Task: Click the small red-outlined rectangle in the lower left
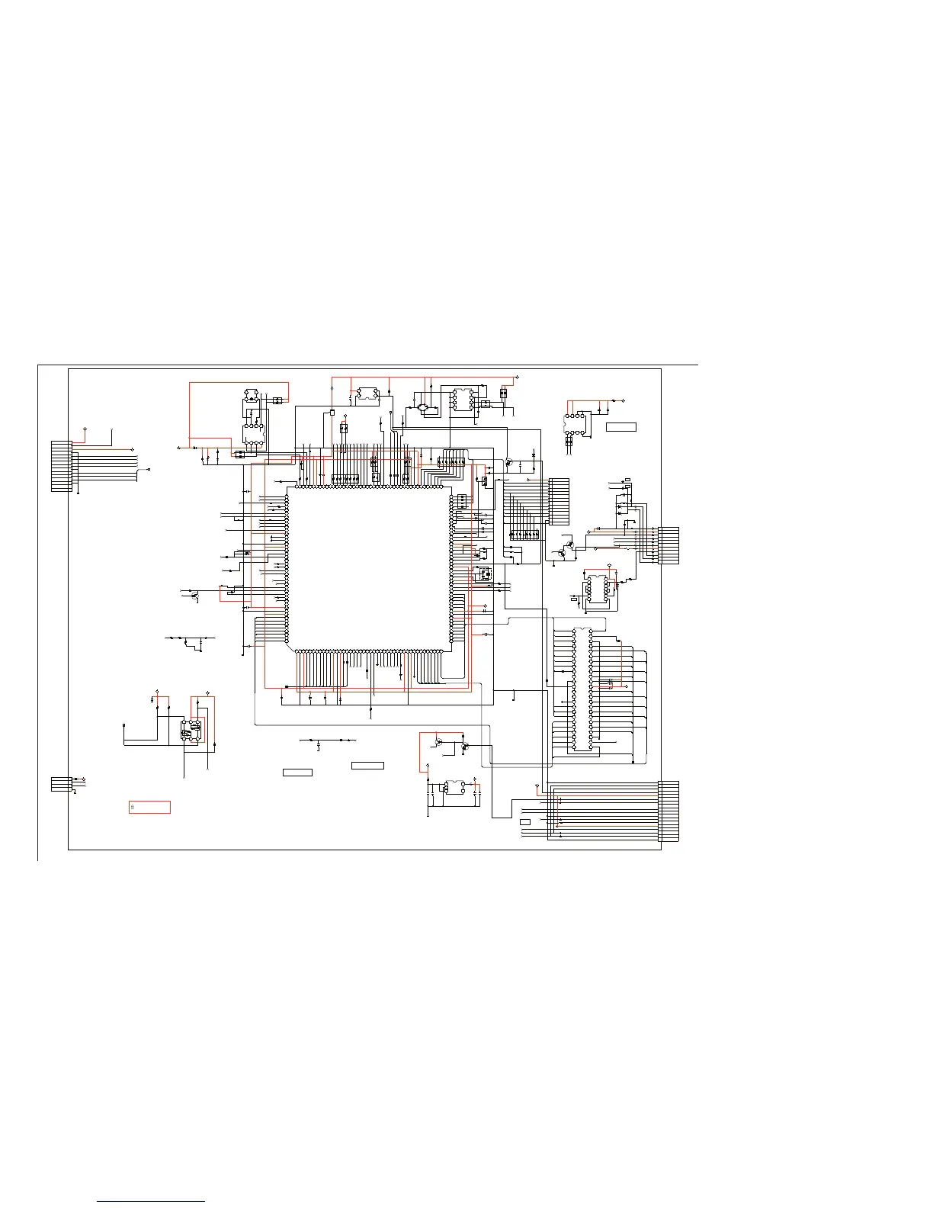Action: [149, 807]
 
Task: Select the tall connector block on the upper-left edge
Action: [61, 465]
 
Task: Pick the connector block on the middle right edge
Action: [668, 545]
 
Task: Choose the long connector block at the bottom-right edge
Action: [668, 811]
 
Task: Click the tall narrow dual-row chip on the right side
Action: [582, 689]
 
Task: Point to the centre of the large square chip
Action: [369, 570]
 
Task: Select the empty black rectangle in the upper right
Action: [620, 426]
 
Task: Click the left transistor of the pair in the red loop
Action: [439, 741]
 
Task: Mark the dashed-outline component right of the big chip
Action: [483, 574]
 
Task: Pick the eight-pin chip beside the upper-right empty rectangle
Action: [575, 424]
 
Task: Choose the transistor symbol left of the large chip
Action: [194, 594]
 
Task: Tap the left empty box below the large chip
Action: [297, 773]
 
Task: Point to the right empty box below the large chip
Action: [367, 765]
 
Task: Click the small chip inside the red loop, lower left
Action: [191, 730]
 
